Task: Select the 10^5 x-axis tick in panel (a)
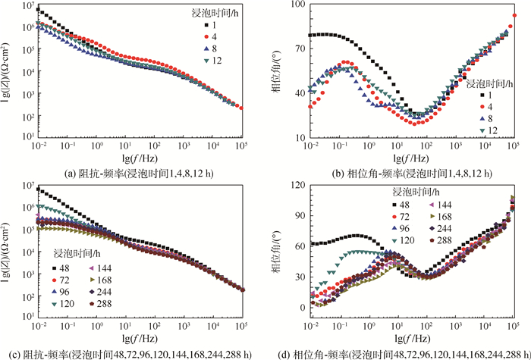coord(242,146)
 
